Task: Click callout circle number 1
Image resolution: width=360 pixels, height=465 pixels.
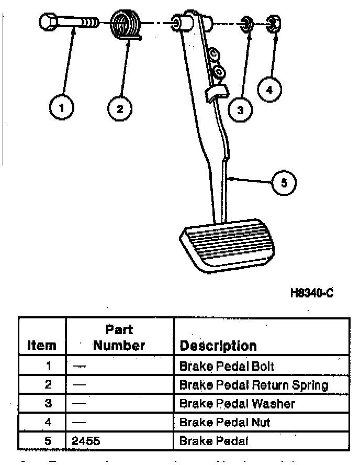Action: [61, 108]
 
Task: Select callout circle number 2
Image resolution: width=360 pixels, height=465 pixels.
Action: [120, 108]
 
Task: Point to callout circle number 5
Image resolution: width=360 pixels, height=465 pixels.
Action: [284, 182]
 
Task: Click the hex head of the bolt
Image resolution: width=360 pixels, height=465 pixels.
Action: [48, 23]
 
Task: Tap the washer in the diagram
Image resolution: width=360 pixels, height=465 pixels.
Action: [244, 24]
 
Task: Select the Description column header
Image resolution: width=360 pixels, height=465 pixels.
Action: [218, 346]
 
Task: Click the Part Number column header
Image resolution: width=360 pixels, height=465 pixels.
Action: [119, 337]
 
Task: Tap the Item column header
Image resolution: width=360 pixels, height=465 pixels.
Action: [42, 346]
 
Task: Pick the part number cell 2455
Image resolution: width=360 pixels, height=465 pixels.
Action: [87, 441]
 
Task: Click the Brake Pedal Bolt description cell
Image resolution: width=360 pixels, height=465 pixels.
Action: [226, 366]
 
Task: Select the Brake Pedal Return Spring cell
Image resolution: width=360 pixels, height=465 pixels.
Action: [253, 385]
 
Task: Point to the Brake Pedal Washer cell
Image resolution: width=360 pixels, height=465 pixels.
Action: [237, 404]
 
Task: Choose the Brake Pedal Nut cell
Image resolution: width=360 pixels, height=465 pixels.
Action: [224, 422]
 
